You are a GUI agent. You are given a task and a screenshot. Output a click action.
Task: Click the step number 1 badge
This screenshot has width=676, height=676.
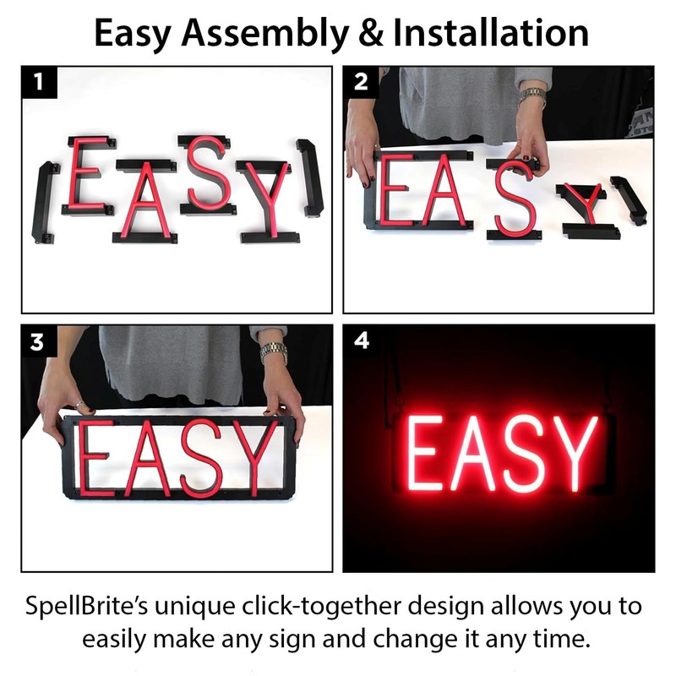(38, 82)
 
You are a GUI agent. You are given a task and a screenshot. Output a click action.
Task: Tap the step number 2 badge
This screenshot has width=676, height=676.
(360, 82)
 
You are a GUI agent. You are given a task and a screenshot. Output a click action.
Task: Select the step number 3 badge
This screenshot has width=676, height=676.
(38, 342)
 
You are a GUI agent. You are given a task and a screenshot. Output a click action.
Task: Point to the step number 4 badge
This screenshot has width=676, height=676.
(360, 342)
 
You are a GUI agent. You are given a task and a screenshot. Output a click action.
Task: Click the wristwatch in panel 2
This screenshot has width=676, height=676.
(532, 95)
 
